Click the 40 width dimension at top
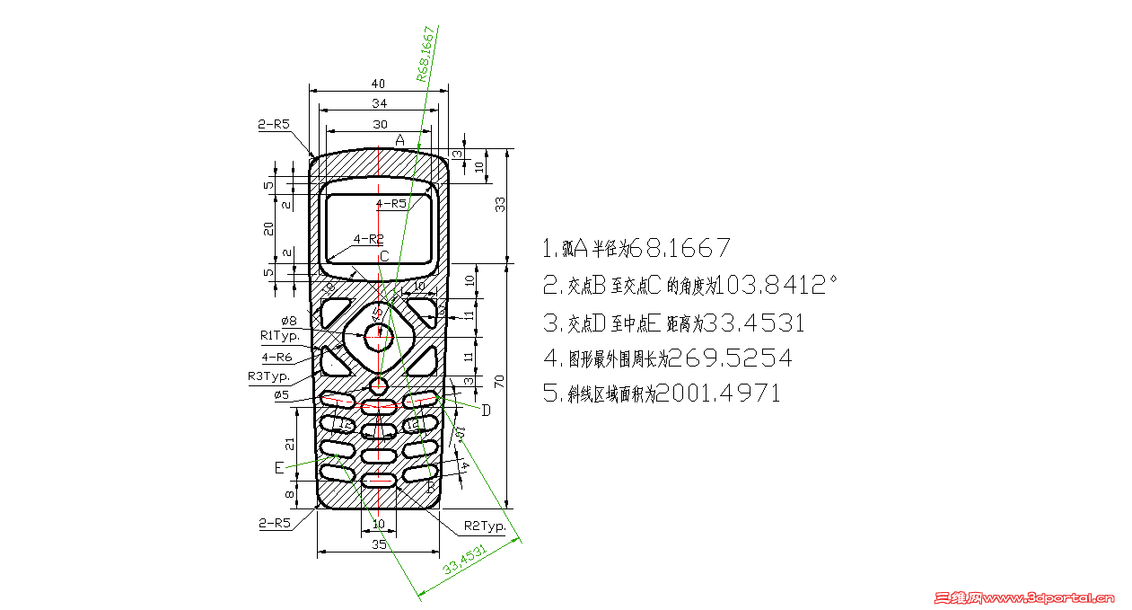pyautogui.click(x=378, y=83)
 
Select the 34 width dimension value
pyautogui.click(x=379, y=103)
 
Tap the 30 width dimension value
pyautogui.click(x=380, y=124)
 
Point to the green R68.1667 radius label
pyautogui.click(x=427, y=54)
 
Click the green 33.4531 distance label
pyautogui.click(x=465, y=560)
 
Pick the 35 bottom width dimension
pyautogui.click(x=379, y=544)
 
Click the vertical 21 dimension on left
pyautogui.click(x=289, y=443)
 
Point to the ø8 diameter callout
pyautogui.click(x=289, y=320)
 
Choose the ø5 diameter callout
pyautogui.click(x=281, y=394)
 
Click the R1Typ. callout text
pyautogui.click(x=279, y=335)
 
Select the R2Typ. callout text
pyautogui.click(x=485, y=525)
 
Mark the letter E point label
pyautogui.click(x=279, y=468)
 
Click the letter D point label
pyautogui.click(x=486, y=411)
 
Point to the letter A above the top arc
pyautogui.click(x=400, y=140)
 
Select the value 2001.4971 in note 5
pyautogui.click(x=718, y=393)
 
